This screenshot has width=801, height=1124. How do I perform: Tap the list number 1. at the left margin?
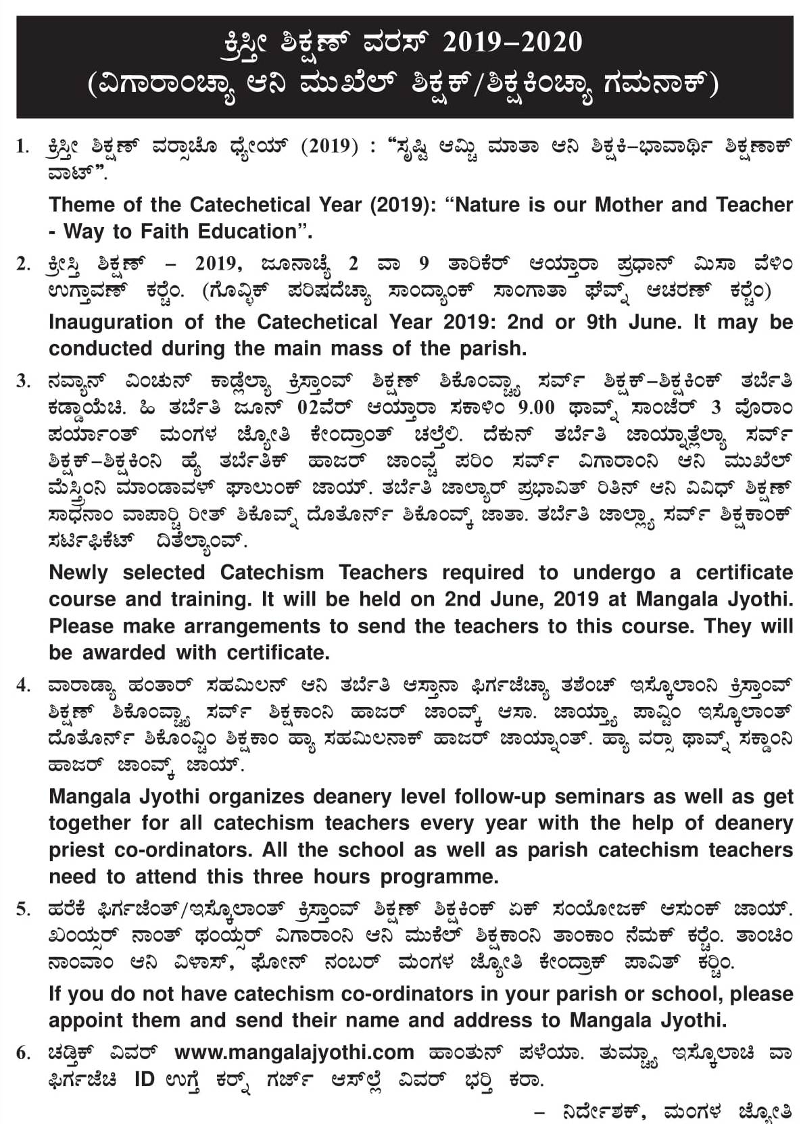click(x=24, y=146)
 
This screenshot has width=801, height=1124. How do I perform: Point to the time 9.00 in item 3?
click(x=535, y=407)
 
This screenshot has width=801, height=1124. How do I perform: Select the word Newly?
click(x=78, y=572)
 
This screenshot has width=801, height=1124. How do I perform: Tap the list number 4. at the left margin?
click(x=24, y=685)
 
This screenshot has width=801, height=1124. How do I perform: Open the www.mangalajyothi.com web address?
click(x=294, y=1052)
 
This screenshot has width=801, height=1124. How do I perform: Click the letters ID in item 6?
click(x=145, y=1079)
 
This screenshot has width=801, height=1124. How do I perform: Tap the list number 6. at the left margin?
click(x=24, y=1052)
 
